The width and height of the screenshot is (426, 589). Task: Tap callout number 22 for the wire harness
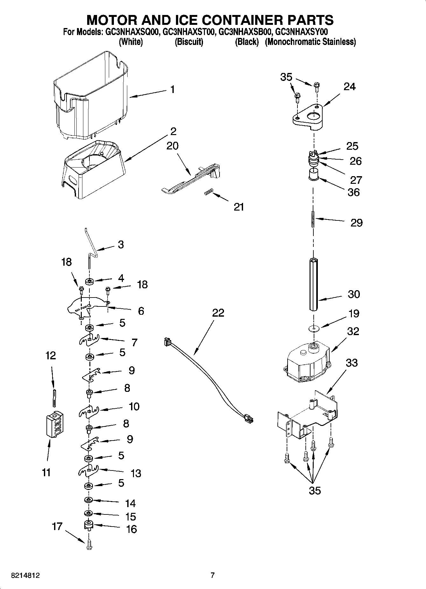pos(218,313)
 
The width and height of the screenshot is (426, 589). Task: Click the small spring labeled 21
pos(208,192)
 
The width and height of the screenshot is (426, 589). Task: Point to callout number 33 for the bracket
pos(352,363)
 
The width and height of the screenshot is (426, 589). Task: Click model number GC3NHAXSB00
pos(245,32)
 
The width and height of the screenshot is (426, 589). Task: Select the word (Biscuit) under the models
pos(189,42)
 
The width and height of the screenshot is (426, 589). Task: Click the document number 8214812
pos(25,575)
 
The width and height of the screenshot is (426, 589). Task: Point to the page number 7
pos(213,575)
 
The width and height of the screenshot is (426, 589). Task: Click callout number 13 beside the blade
pos(136,473)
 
